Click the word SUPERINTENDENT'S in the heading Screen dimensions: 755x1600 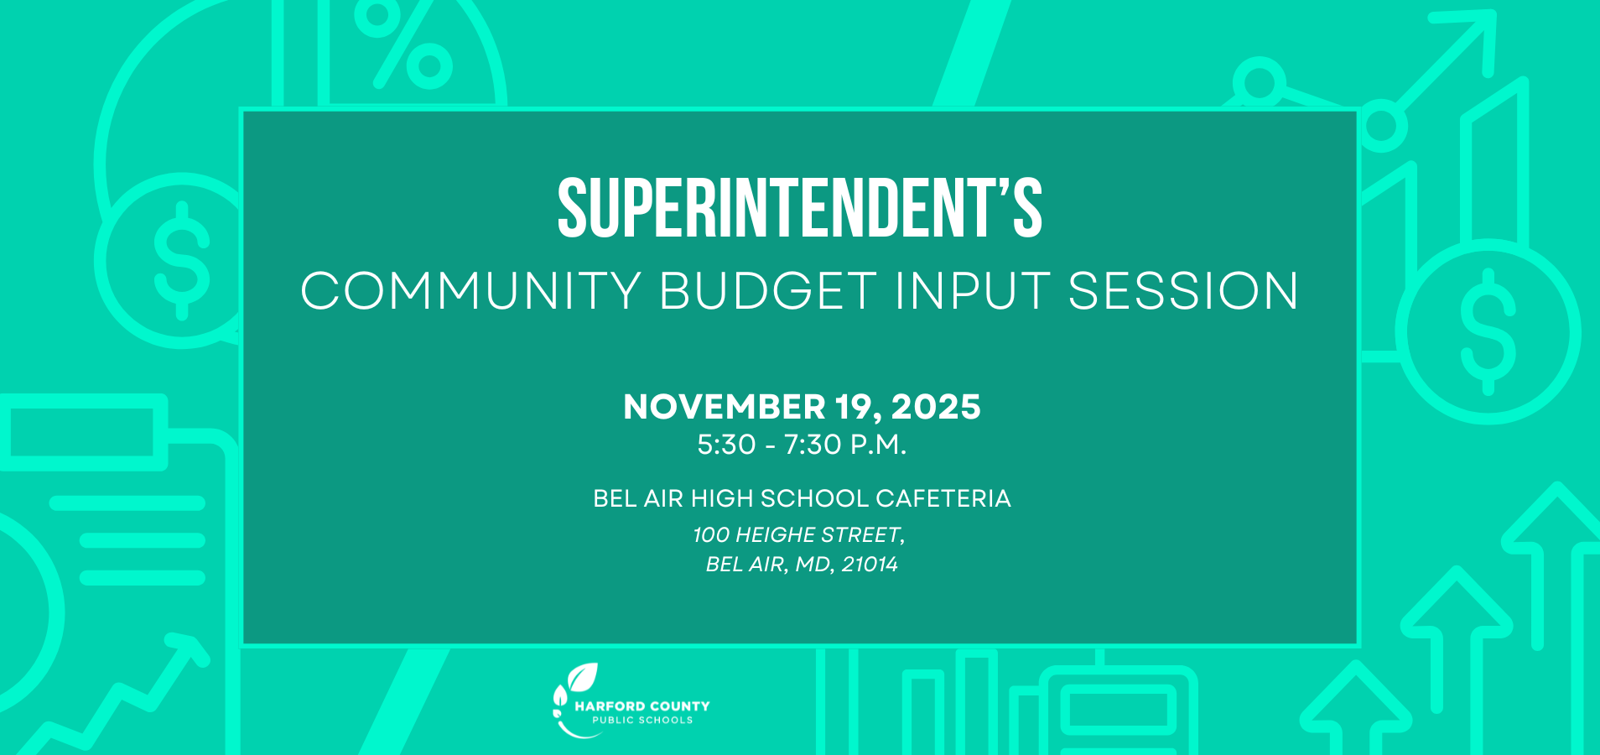pos(799,208)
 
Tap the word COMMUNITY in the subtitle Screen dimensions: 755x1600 pos(470,291)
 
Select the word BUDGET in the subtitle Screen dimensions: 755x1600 pos(768,291)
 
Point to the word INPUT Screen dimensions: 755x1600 pos(972,291)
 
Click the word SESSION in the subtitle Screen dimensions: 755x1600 pos(1183,291)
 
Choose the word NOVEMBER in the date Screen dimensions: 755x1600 pos(725,407)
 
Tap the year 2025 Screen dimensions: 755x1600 pos(935,407)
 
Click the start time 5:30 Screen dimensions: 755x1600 pos(726,445)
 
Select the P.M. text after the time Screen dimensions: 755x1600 pos(879,445)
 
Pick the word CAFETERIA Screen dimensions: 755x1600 pos(943,498)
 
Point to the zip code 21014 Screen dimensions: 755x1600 pos(870,564)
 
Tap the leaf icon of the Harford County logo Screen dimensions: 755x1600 pos(582,677)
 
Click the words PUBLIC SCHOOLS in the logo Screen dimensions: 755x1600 pos(642,720)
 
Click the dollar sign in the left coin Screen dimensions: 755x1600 pos(182,260)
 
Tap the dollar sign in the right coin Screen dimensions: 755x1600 pos(1488,331)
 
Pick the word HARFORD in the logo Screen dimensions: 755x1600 pos(610,706)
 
